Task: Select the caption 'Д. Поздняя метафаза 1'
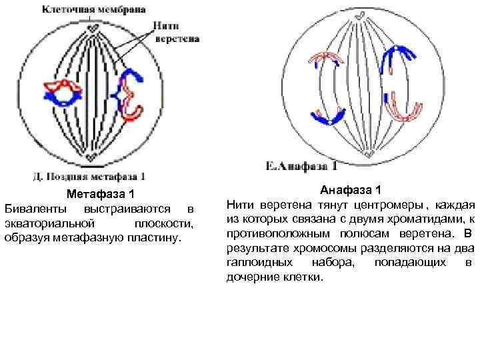(89, 177)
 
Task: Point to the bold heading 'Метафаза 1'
(103, 195)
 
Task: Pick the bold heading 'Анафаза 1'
(351, 190)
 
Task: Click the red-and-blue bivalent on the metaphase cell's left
(62, 93)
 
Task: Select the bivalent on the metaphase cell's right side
(129, 94)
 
